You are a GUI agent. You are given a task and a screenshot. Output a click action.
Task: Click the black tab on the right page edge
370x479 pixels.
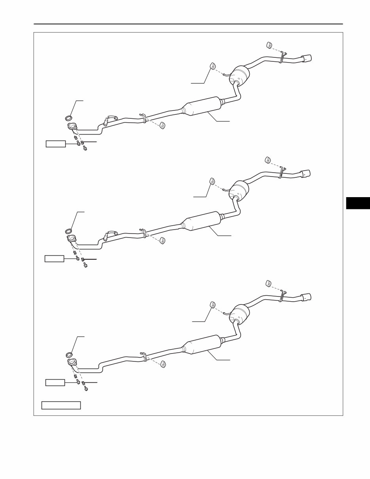click(x=358, y=203)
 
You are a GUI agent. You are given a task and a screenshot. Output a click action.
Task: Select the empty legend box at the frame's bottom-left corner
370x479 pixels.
click(x=61, y=405)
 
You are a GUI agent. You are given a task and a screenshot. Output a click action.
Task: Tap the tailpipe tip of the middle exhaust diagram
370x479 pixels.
click(x=306, y=173)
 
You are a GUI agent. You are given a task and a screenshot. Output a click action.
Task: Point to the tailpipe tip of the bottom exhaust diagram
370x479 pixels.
click(x=306, y=297)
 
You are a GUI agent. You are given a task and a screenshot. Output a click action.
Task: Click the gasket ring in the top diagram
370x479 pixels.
click(x=68, y=118)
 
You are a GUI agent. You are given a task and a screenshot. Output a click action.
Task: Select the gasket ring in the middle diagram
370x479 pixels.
click(x=68, y=231)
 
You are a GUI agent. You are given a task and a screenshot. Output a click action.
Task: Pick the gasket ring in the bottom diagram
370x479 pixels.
click(x=69, y=355)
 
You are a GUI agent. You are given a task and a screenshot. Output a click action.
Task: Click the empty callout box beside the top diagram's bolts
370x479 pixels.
click(x=55, y=143)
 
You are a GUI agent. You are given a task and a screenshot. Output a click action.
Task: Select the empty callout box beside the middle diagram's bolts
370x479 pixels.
click(x=54, y=259)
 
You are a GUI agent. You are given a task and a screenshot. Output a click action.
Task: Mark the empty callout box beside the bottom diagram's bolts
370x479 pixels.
click(x=55, y=382)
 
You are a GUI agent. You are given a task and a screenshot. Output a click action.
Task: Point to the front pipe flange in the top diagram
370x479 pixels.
click(x=72, y=127)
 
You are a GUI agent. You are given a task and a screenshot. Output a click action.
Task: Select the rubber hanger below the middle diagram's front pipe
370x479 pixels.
click(x=162, y=240)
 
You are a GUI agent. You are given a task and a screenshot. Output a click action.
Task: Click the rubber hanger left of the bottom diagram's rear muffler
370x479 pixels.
click(x=212, y=304)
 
